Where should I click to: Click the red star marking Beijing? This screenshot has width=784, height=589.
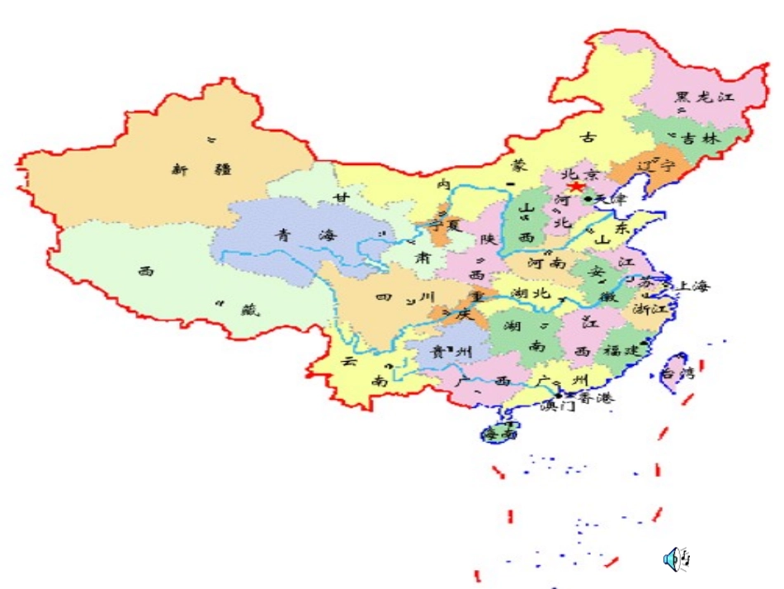point(576,188)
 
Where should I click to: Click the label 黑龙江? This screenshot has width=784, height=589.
point(704,97)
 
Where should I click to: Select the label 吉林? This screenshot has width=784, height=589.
point(701,140)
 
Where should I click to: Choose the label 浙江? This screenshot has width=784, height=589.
point(649,309)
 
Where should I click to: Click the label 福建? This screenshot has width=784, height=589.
point(621,350)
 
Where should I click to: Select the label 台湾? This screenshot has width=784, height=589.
point(678,373)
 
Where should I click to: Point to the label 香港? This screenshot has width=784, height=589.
point(596,398)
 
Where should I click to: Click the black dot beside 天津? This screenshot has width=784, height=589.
point(588,198)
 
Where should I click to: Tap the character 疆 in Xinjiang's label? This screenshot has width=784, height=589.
point(222,169)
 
